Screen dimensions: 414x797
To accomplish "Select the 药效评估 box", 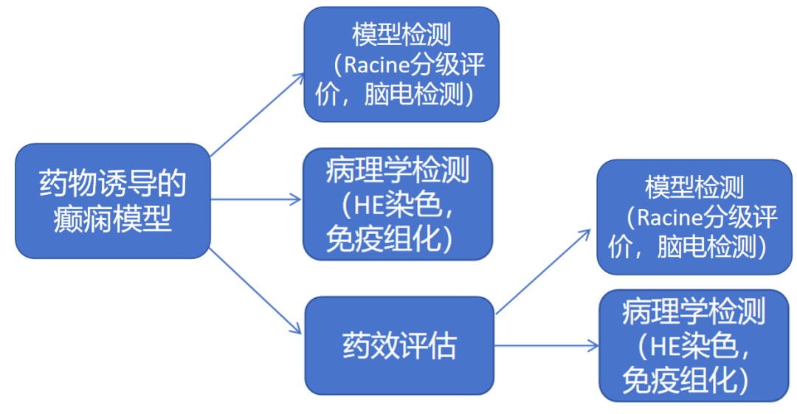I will click(x=399, y=345).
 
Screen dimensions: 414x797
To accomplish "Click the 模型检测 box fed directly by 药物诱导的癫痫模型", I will click(x=401, y=64).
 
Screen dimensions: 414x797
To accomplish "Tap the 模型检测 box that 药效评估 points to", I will click(x=694, y=217).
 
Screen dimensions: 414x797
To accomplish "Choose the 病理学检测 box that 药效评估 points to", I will click(x=694, y=345).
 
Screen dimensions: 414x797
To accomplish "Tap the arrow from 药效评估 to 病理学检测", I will click(x=546, y=345).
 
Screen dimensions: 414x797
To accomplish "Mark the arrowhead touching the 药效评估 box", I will click(x=296, y=331).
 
